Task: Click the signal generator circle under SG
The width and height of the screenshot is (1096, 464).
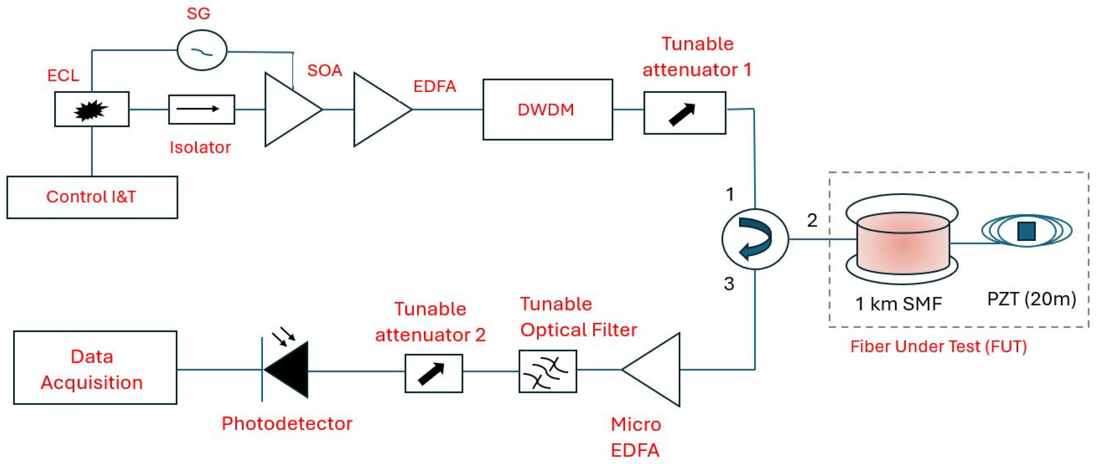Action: tap(202, 50)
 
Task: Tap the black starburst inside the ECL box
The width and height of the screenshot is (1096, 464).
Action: tap(91, 110)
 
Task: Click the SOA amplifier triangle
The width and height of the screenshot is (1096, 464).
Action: tap(288, 110)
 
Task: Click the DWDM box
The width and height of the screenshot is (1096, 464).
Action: tap(547, 110)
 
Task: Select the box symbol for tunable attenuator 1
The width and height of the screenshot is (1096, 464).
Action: tap(684, 113)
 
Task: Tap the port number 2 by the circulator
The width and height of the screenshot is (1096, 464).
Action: tap(812, 220)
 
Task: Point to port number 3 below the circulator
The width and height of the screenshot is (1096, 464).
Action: tap(729, 283)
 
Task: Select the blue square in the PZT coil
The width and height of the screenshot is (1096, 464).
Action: tap(1026, 231)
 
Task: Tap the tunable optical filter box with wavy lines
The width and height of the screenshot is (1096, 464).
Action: tap(547, 371)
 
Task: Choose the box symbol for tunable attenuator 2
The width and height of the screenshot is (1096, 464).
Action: tap(433, 373)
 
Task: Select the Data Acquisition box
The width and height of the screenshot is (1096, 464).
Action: tap(95, 368)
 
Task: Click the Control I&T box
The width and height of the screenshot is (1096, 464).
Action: tap(92, 197)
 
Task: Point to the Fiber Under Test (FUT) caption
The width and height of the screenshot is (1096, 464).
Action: tap(938, 346)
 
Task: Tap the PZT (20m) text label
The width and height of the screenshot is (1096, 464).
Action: tap(1031, 299)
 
